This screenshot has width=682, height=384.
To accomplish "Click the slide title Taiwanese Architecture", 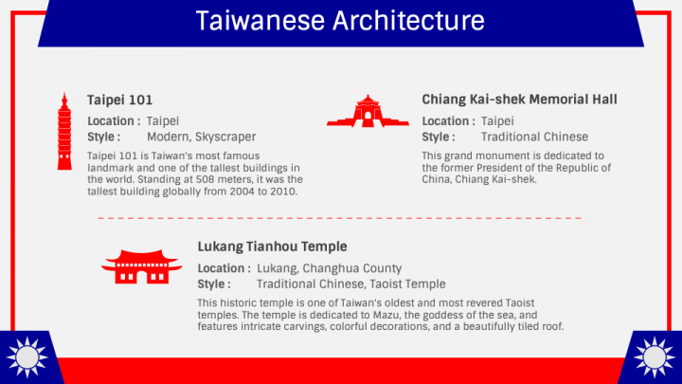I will tap(340, 21).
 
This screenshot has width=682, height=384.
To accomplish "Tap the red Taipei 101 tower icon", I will tap(64, 132).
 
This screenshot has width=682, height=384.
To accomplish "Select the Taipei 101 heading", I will tap(120, 100).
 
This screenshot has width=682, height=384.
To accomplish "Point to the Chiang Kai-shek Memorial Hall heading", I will tap(519, 100).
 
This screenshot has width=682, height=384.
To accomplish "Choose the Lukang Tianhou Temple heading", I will tap(265, 247).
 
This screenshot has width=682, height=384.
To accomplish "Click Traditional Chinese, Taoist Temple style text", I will tap(350, 284).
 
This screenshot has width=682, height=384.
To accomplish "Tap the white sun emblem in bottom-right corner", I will tap(655, 358).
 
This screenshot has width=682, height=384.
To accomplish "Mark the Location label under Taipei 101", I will tap(114, 121).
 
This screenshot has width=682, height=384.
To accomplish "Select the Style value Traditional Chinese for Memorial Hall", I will tap(534, 137).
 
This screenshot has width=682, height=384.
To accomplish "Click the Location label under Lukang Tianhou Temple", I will tap(224, 268).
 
